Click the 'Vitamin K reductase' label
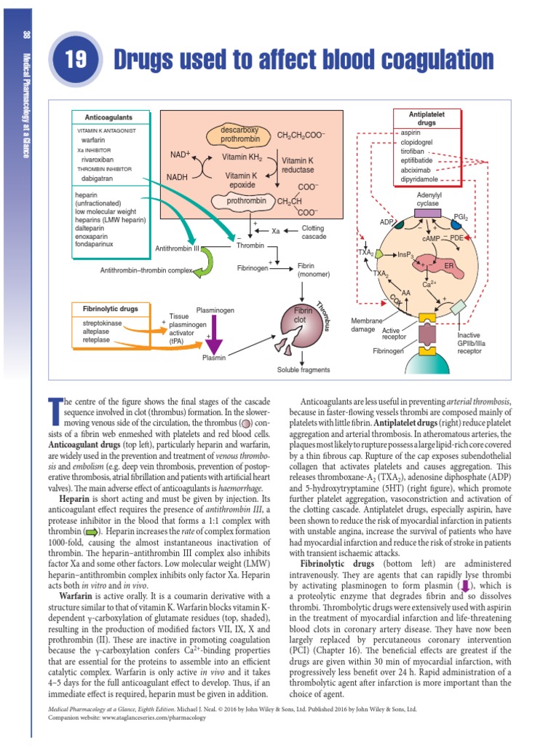click(298, 165)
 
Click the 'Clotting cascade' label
click(314, 232)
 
